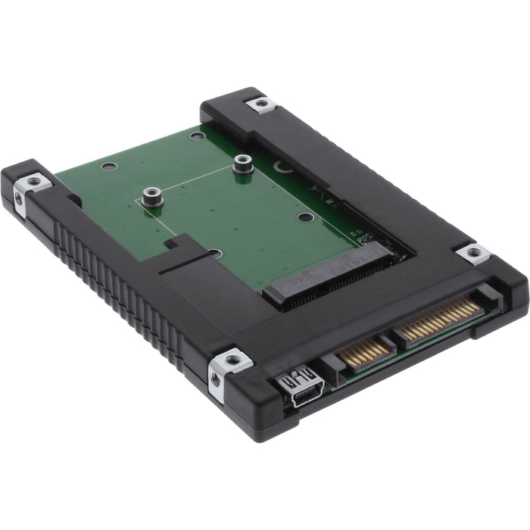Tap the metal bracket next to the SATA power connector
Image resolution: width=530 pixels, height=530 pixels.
pos(474,253)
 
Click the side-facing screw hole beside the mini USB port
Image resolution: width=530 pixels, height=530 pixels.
pos(216,380)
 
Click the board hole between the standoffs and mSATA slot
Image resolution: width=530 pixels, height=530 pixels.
pos(305,217)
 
